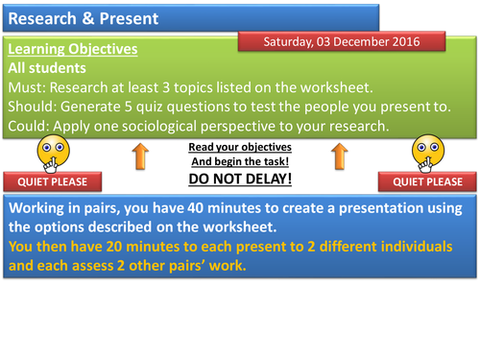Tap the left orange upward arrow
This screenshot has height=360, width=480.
click(140, 156)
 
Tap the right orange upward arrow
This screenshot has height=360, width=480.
click(339, 156)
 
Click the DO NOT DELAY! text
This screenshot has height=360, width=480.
click(240, 180)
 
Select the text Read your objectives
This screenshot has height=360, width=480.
click(240, 147)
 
